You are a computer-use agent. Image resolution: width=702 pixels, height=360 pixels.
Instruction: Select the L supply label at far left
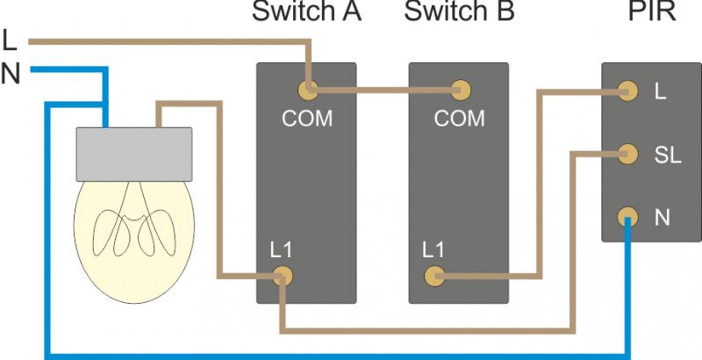coord(10,40)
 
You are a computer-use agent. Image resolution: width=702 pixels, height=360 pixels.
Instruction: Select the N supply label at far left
coord(11,75)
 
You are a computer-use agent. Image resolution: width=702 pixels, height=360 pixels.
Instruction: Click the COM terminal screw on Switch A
coord(307,89)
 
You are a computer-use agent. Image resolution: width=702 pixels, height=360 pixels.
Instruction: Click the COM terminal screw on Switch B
coord(458,89)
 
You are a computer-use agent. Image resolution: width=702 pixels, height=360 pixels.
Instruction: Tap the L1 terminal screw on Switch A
coord(282,277)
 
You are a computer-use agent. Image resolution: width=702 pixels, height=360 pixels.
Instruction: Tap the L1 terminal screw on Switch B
coord(433,277)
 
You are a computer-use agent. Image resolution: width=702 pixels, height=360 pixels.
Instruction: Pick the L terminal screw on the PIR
coord(627,89)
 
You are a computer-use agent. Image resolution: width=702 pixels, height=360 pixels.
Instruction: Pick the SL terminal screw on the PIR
coord(627,153)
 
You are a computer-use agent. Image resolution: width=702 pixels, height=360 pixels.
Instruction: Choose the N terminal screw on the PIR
coord(627,215)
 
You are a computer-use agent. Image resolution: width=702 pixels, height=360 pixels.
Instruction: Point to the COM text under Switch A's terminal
coord(307,118)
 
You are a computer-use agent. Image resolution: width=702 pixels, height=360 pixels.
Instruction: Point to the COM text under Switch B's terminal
coord(459,118)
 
